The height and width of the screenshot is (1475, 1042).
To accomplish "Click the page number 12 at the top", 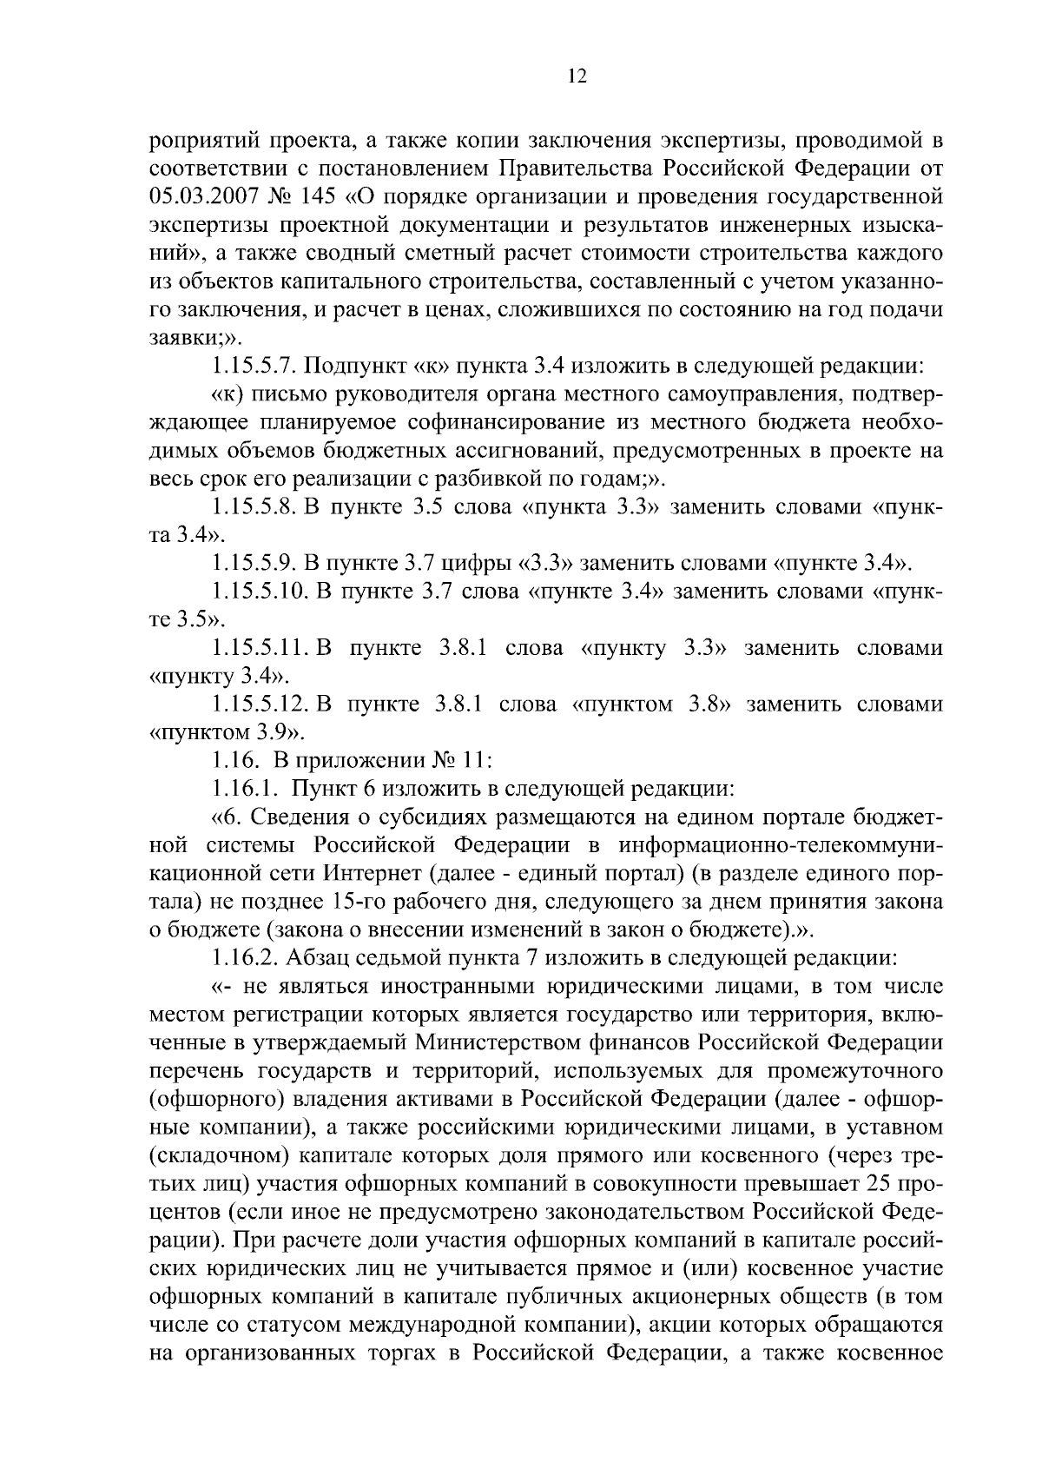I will (577, 76).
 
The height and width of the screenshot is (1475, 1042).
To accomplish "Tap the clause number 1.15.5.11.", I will (260, 648).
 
